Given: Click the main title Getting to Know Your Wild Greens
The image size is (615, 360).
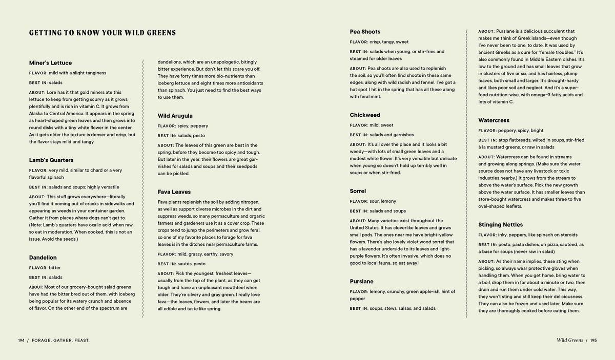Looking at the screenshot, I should (102, 33).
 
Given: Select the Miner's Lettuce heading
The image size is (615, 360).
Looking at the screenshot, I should (50, 63).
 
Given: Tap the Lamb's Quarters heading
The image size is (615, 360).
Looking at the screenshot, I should (51, 160).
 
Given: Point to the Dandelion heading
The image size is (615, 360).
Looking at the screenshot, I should (43, 258).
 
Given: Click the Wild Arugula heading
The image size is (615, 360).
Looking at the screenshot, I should (175, 116).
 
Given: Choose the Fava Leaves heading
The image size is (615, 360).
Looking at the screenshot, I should (174, 192).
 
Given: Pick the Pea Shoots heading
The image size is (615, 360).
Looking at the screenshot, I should (365, 32).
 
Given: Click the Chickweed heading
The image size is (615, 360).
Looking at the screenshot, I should (365, 115).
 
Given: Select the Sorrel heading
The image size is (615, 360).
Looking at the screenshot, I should (358, 191).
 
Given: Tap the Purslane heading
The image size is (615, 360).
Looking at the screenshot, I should (362, 282).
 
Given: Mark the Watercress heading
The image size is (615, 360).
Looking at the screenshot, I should (494, 120).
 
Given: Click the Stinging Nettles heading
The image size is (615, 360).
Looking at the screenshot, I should (500, 225).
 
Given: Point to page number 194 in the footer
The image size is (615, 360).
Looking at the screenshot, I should (22, 340).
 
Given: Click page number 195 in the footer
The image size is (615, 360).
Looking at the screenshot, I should (593, 340).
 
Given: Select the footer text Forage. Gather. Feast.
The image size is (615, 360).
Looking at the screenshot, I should (60, 340).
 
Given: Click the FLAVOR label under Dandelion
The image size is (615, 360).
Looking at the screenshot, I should (38, 268).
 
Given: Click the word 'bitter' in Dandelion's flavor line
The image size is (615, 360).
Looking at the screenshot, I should (54, 268).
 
